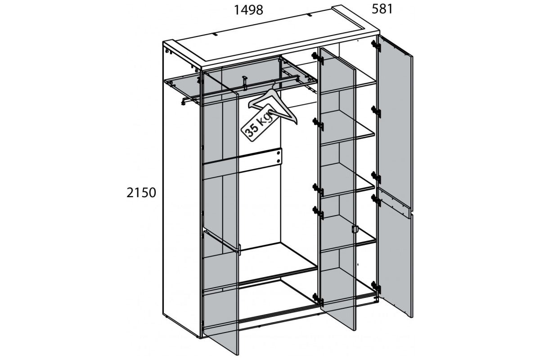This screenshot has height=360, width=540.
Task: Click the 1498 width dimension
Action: (248, 10)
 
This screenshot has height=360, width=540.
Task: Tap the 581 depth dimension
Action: (382, 9)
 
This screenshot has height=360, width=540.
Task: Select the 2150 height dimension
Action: (141, 193)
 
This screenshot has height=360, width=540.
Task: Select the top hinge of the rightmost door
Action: (376, 46)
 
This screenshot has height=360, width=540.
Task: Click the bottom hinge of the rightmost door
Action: (376, 288)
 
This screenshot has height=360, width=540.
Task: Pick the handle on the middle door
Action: (355, 229)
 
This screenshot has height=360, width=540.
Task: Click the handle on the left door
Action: (238, 250)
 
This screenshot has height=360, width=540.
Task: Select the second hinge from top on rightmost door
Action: (376, 112)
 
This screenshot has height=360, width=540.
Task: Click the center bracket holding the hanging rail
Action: (245, 83)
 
